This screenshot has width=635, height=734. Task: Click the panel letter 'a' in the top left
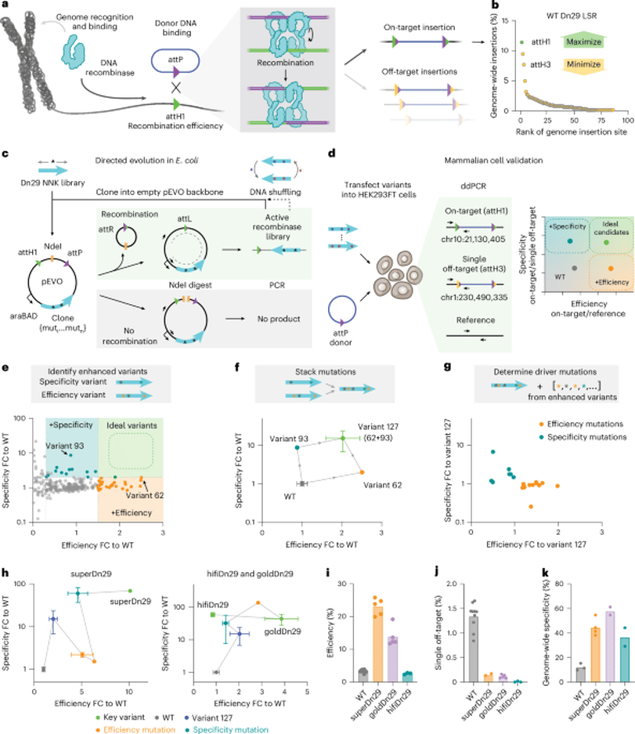[x=6, y=6]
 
